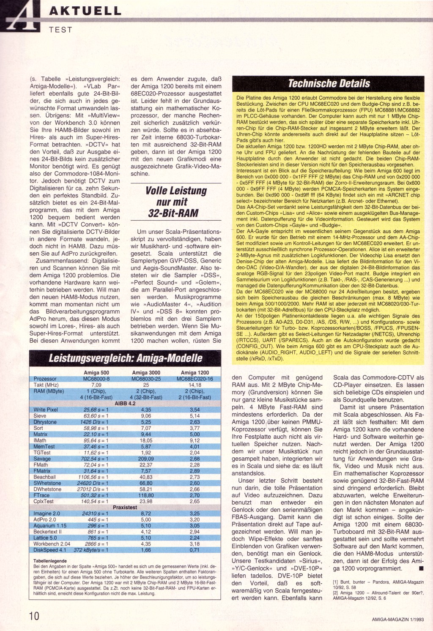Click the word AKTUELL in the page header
coord(85,11)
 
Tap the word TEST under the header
coord(60,30)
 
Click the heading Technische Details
coord(329,83)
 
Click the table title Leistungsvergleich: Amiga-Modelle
coord(126,358)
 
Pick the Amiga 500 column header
coord(97,373)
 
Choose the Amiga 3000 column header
coord(146,373)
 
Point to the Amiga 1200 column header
coord(195,373)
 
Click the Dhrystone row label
coord(45,422)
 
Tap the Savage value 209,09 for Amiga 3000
coord(146,459)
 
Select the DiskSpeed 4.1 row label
coord(50,550)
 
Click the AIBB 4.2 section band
coord(125,404)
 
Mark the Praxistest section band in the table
coord(125,507)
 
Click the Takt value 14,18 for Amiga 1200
coord(195,385)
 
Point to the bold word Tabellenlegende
coord(49,561)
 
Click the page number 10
coord(34,616)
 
